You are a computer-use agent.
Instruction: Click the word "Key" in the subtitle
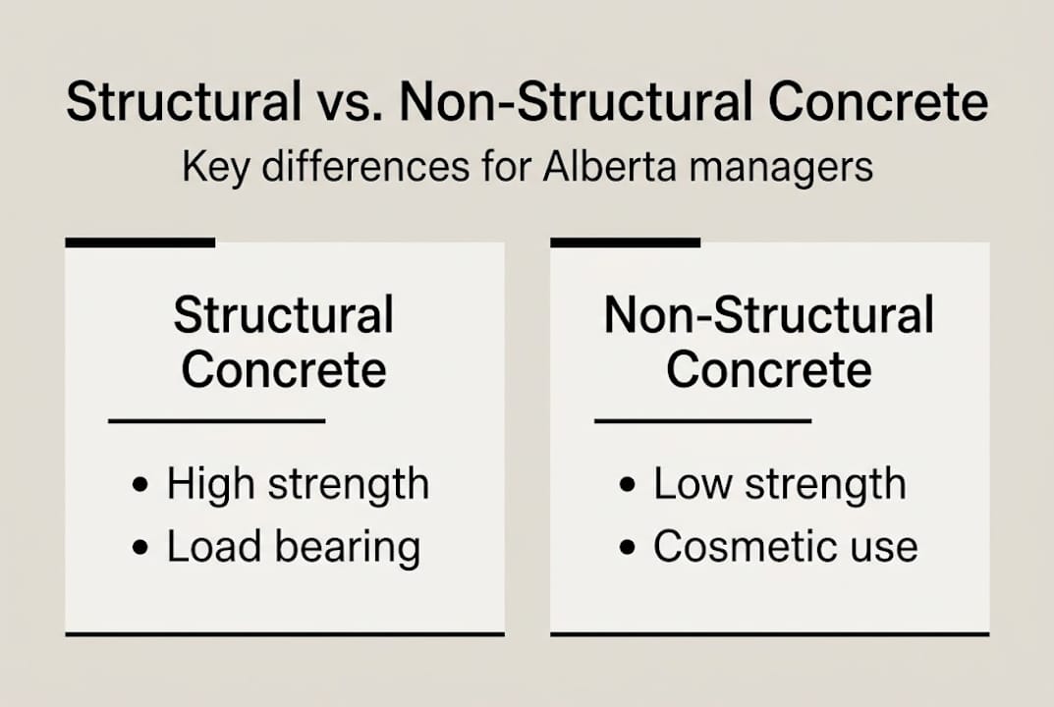[210, 167]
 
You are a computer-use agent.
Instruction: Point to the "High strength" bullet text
[298, 484]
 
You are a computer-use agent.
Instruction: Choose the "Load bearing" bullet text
[293, 547]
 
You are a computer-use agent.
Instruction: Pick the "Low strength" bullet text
[780, 484]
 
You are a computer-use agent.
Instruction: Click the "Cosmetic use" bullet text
[786, 547]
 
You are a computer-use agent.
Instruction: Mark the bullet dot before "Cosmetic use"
[629, 548]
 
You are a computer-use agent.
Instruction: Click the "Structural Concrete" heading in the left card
[284, 343]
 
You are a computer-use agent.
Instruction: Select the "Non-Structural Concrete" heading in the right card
[769, 343]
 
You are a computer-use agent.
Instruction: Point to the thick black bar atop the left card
[139, 242]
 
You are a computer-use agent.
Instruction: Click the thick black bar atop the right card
[625, 242]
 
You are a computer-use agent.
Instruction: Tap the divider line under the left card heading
[216, 421]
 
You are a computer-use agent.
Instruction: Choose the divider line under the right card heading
[703, 421]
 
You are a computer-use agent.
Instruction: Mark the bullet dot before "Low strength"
[629, 485]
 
